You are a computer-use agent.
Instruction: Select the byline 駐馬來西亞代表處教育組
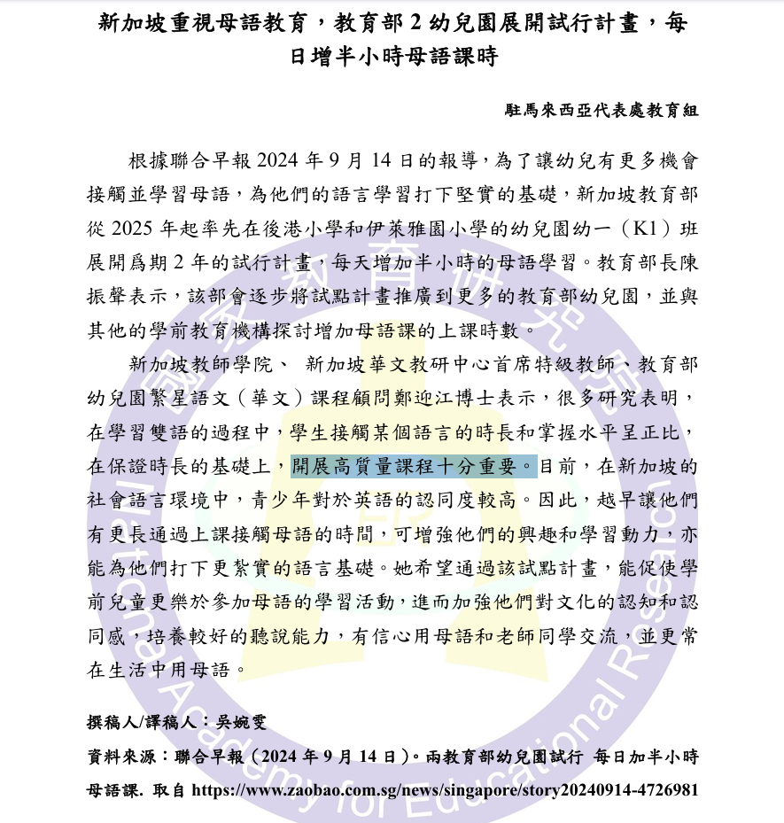(x=602, y=111)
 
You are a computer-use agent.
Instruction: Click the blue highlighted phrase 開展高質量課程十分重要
(x=414, y=465)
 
